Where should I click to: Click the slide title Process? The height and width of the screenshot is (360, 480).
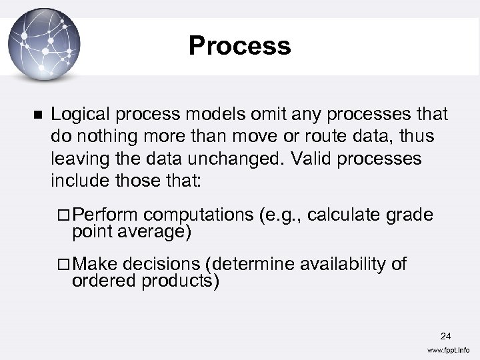pos(239,46)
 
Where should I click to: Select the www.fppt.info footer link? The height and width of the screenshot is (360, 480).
pos(448,350)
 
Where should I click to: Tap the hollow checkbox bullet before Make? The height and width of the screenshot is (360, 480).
pos(63,265)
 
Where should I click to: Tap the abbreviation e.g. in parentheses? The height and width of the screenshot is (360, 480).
pos(282,215)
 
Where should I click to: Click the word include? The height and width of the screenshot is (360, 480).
pos(77,181)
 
